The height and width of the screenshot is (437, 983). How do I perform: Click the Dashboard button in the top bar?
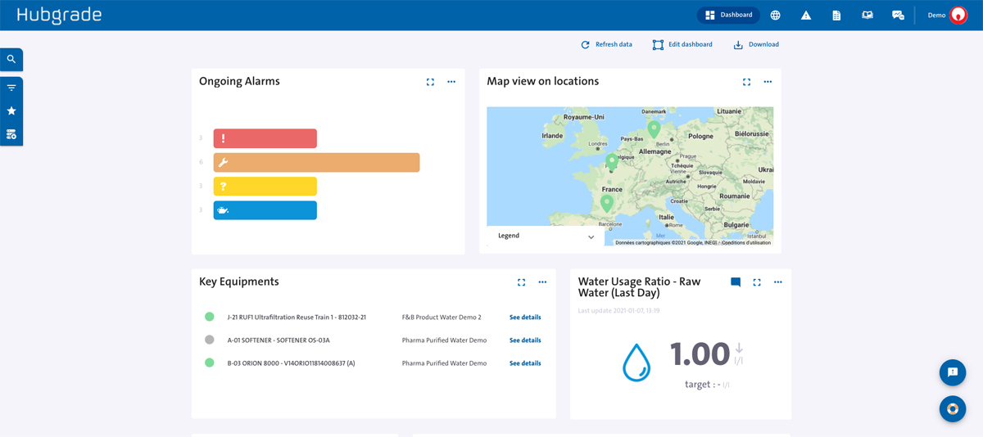coord(728,15)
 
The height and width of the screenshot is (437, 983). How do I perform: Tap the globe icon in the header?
coord(775,16)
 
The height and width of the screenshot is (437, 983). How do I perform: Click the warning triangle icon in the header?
coord(806,16)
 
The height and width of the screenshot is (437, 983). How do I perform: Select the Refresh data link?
coord(606,45)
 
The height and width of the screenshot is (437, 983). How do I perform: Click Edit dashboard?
coord(682,45)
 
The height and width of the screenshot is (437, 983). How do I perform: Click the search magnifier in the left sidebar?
coord(11,60)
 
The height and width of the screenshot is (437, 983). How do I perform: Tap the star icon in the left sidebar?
coord(11,110)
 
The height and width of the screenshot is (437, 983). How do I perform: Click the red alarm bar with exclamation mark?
coord(265,138)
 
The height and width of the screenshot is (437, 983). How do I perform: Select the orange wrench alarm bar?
coord(316,162)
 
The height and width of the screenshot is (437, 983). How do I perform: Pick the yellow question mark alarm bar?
coord(265,187)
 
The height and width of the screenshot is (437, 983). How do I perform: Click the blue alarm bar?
coord(265,210)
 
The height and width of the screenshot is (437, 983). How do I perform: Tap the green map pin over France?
coord(606,201)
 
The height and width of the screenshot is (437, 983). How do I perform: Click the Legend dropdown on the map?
coord(546,236)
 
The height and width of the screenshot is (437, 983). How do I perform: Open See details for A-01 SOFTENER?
coord(525,340)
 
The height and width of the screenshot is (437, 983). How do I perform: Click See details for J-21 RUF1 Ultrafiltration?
coord(525,318)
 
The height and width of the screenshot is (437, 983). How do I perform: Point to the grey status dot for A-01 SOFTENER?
coord(210,340)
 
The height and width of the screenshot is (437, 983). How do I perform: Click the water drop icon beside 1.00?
coord(636,363)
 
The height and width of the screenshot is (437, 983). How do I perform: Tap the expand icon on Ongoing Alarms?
coord(430,82)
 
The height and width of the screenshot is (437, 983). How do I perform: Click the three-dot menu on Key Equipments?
coord(542,282)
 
